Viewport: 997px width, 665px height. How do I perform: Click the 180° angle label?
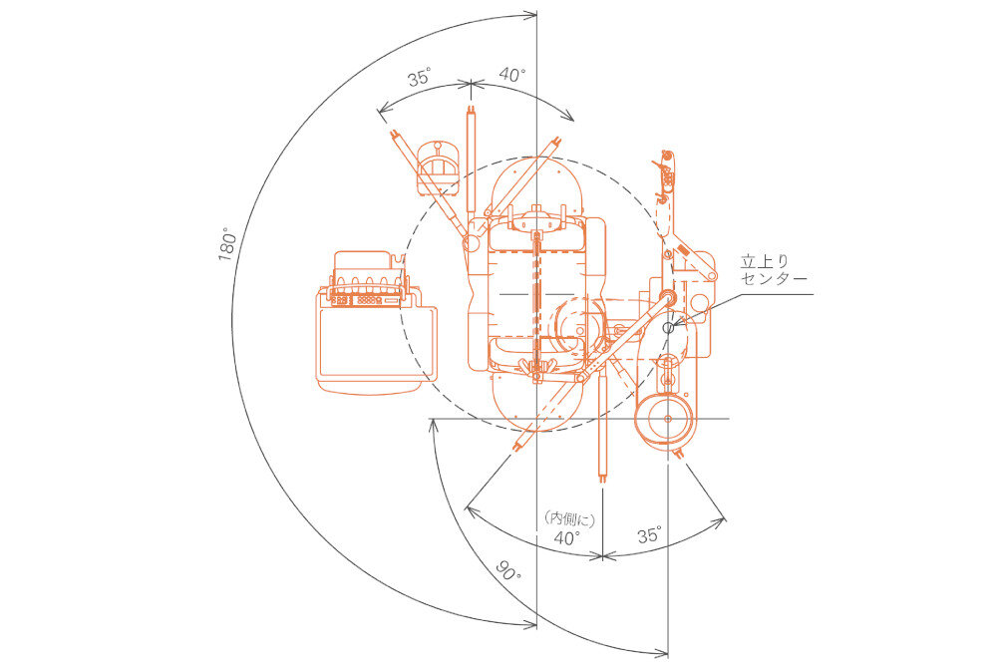227,244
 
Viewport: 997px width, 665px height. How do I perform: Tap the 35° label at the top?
419,78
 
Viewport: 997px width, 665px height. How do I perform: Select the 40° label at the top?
512,75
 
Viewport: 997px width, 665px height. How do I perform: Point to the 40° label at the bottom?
567,537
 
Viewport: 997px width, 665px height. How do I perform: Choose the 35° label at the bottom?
649,535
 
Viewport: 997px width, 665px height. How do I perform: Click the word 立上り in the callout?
758,261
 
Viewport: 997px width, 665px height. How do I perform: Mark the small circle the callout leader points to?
668,326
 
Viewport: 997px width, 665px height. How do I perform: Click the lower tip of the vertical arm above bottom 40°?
602,477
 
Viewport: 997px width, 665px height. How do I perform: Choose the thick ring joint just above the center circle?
668,297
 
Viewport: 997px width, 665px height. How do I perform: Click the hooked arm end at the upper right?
665,160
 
